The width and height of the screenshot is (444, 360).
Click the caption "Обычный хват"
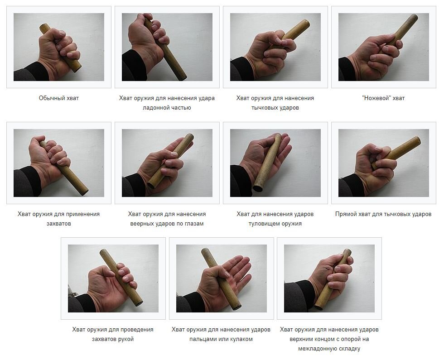coord(58,98)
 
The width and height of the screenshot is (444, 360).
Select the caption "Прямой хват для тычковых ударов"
coord(383,214)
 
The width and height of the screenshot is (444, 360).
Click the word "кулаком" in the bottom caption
coord(241,339)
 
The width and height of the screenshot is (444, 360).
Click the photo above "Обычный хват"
coord(59,47)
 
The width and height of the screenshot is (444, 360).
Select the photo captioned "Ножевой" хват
coord(383,47)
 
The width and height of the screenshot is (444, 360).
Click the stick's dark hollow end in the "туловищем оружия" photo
coord(258,187)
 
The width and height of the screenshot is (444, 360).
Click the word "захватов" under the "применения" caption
coord(58,224)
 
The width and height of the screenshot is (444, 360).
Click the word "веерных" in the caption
coord(140,224)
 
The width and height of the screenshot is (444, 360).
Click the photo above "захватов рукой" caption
coord(113,278)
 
